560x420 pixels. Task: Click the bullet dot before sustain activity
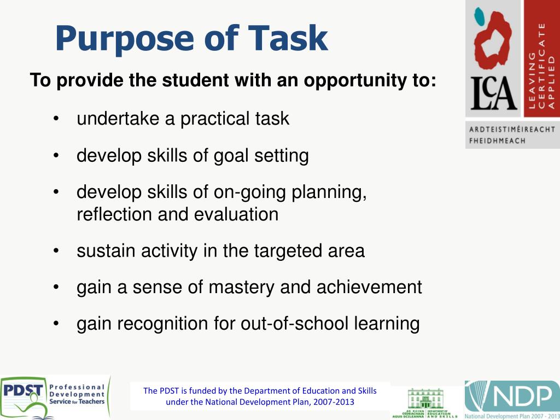56,251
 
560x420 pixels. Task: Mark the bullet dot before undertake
56,119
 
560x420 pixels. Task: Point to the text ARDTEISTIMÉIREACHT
512,130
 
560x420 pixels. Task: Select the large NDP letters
520,395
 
